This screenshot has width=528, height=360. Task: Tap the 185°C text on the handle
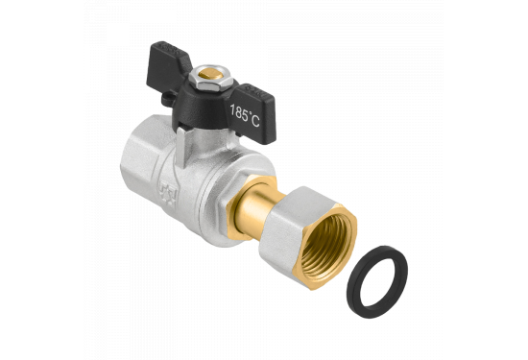(x=245, y=115)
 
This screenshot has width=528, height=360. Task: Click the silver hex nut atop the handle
(x=210, y=78)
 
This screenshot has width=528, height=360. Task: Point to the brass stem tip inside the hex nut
(x=210, y=74)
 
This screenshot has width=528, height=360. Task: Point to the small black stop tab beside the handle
(x=168, y=98)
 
